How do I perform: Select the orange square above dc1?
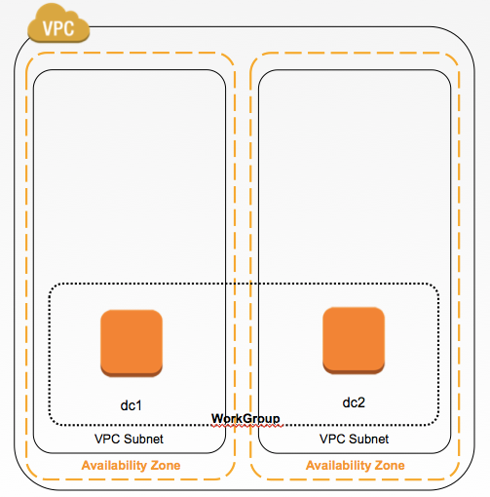tap(132, 341)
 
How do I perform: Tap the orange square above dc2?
tap(353, 338)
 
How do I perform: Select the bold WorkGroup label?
tap(245, 419)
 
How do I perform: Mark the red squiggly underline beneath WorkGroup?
tap(245, 426)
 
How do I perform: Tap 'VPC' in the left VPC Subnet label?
tap(107, 440)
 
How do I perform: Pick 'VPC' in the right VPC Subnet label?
tap(331, 440)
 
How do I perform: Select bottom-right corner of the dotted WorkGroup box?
tap(435, 423)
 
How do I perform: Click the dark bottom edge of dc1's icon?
tap(132, 372)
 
